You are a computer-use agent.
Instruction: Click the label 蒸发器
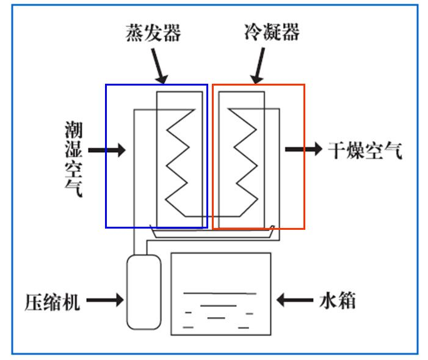(153, 33)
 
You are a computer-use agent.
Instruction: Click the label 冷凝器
(272, 32)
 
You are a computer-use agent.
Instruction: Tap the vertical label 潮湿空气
(74, 159)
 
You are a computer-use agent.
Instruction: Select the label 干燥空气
(365, 150)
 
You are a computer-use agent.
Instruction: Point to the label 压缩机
(52, 302)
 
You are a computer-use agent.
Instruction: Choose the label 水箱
(338, 300)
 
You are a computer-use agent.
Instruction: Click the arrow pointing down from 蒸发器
(159, 66)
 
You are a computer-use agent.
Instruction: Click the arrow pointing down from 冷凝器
(258, 65)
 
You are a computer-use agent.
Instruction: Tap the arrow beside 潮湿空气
(107, 150)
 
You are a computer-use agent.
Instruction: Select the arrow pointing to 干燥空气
(303, 149)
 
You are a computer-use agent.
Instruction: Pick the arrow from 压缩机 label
(105, 300)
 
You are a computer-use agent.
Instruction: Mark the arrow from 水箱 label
(295, 300)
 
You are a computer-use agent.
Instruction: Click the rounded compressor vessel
(144, 292)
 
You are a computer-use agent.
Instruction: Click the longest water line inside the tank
(220, 293)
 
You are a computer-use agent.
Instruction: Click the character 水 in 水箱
(328, 300)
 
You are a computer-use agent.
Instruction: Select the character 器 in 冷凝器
(291, 32)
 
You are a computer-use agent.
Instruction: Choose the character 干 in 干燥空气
(337, 150)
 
